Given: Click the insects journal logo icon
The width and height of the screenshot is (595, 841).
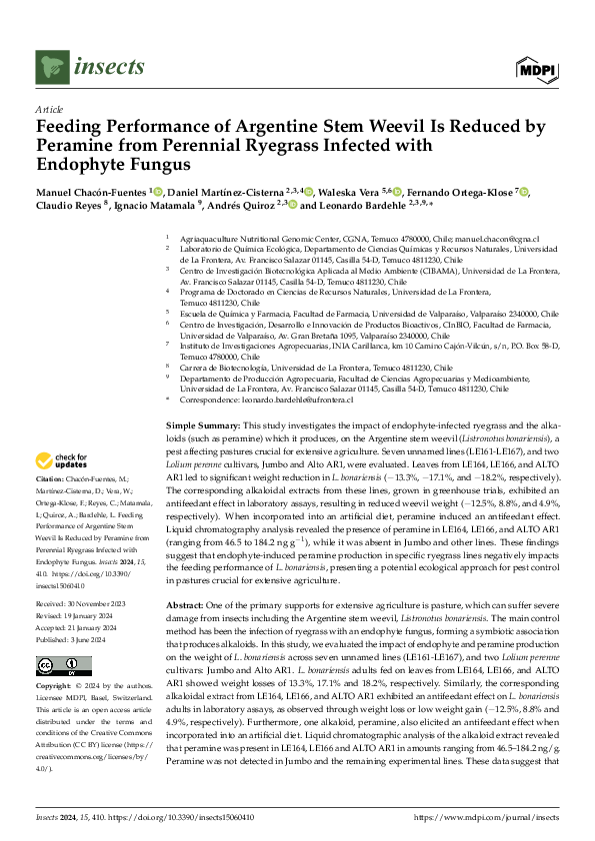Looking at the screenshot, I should (50, 67).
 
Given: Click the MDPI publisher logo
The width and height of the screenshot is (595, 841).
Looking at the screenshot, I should (536, 68).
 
